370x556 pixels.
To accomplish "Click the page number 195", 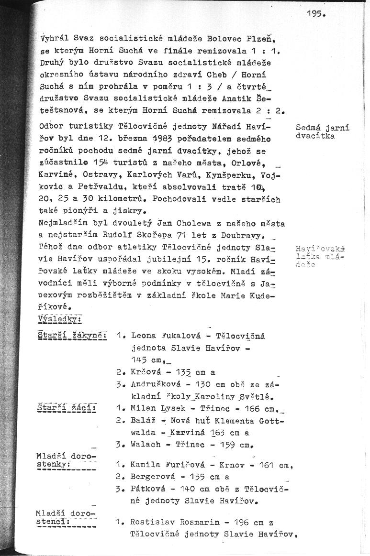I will [x=315, y=14].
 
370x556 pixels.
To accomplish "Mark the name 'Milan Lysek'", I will [x=153, y=408].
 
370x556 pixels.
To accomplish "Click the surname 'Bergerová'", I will [x=152, y=477].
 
